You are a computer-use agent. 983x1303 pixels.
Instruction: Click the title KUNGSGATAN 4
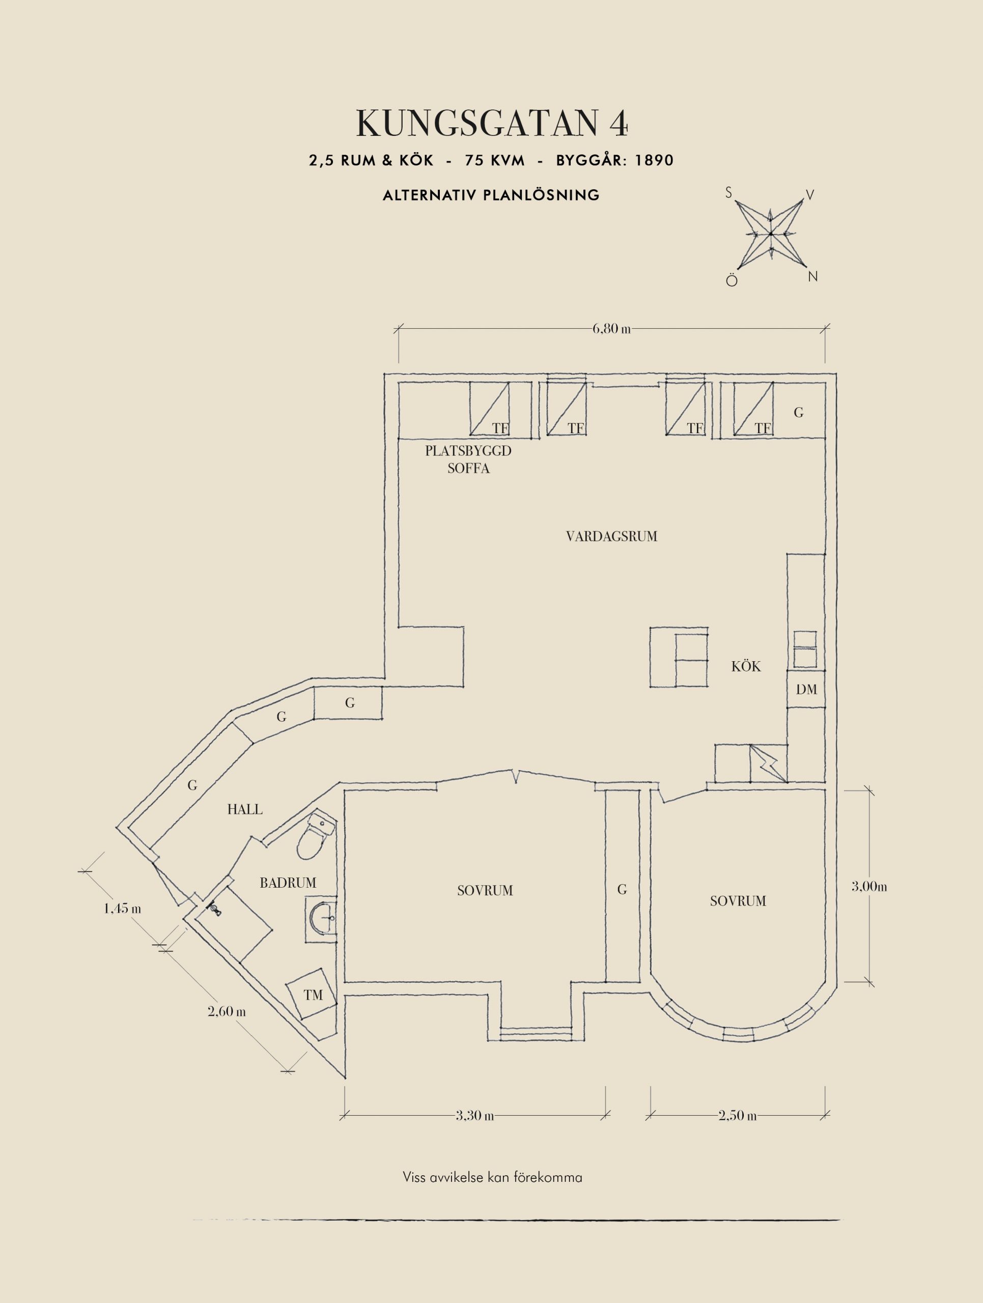click(x=492, y=123)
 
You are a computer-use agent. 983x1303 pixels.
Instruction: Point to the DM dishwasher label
click(x=806, y=689)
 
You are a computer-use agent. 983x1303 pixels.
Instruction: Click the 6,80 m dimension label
click(x=611, y=329)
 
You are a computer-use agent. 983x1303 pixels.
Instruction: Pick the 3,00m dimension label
click(x=869, y=887)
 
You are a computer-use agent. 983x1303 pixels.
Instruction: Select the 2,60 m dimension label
click(x=227, y=1012)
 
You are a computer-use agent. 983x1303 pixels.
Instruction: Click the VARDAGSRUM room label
click(x=611, y=536)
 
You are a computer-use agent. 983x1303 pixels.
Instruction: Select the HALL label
click(x=245, y=809)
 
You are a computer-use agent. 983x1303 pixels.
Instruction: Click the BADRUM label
click(x=288, y=883)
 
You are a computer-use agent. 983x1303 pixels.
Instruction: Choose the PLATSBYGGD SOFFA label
click(x=468, y=460)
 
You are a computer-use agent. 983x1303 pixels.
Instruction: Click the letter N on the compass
click(x=813, y=276)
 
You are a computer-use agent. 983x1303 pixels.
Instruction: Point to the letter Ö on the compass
click(x=732, y=280)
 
